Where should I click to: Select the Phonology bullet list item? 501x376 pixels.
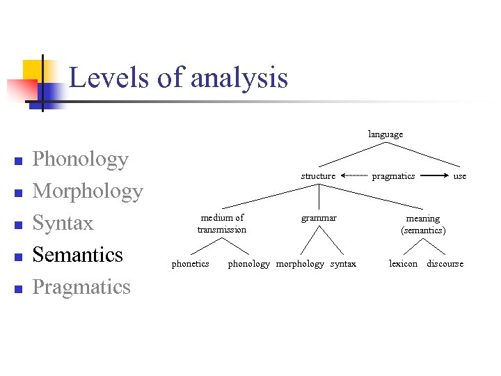(x=81, y=159)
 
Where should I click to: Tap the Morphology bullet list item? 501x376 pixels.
(x=88, y=191)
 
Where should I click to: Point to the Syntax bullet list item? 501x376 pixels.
(x=63, y=224)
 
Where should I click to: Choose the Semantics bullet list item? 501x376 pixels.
(x=77, y=255)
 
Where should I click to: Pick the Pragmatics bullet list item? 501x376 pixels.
(x=81, y=287)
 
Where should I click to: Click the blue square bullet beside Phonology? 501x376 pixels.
(x=19, y=162)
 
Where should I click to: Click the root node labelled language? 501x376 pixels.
(x=385, y=134)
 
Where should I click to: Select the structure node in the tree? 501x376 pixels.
(x=318, y=176)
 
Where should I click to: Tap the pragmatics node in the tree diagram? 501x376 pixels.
(x=393, y=176)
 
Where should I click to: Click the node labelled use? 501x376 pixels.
(x=460, y=176)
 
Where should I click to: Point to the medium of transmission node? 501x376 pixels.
(x=222, y=224)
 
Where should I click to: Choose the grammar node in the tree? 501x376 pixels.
(x=319, y=218)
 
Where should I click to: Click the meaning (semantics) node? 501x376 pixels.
(x=423, y=224)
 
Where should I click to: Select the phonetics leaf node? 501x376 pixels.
(x=190, y=264)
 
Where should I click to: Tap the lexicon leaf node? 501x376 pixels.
(x=404, y=264)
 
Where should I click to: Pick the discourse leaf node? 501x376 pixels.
(x=445, y=264)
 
